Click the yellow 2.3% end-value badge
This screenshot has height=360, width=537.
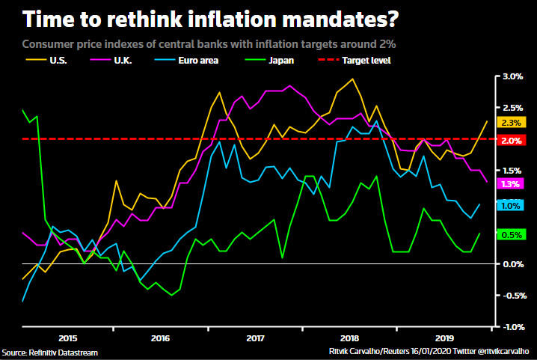pyautogui.click(x=512, y=122)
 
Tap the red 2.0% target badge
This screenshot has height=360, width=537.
pyautogui.click(x=512, y=140)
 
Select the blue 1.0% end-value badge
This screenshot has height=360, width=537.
pyautogui.click(x=512, y=206)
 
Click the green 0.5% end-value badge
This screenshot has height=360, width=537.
pyautogui.click(x=512, y=235)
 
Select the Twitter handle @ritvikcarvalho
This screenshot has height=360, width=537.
pyautogui.click(x=502, y=350)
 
